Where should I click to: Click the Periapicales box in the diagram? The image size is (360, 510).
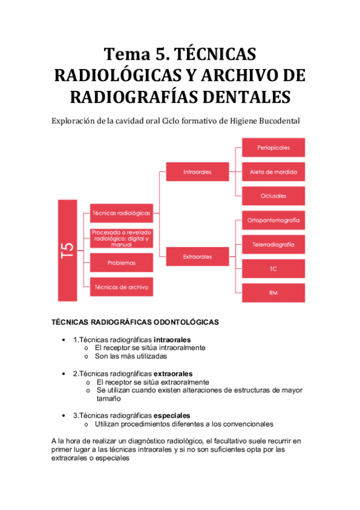(273, 147)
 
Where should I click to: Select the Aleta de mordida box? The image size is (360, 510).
(273, 172)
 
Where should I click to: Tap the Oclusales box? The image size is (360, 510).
(273, 196)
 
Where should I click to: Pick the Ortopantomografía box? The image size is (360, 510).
(273, 220)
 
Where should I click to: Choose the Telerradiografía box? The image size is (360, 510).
(273, 245)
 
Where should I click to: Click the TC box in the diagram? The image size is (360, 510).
(273, 269)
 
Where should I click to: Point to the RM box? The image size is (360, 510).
(273, 293)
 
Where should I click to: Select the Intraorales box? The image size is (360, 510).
(197, 172)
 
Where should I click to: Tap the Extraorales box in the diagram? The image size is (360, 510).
(197, 257)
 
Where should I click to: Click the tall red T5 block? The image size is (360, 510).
(67, 250)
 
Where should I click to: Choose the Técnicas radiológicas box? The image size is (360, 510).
(121, 212)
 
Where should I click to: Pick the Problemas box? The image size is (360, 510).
(121, 263)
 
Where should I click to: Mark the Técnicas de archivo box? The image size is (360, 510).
(121, 287)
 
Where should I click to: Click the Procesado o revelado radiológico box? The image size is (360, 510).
(121, 238)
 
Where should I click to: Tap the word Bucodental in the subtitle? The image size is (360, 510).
(273, 120)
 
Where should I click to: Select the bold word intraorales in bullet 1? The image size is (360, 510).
(172, 340)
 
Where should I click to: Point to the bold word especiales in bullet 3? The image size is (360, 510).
(172, 416)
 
